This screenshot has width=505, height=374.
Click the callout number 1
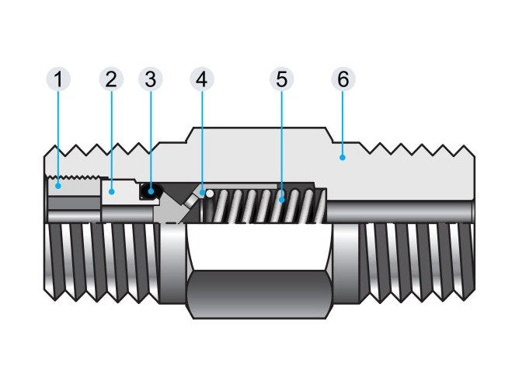(58, 79)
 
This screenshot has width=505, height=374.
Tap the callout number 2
(111, 79)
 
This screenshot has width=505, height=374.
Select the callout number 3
(151, 79)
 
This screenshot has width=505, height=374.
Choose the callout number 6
(342, 79)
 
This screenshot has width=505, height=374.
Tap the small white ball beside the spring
(209, 194)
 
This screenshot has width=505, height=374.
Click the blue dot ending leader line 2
(111, 189)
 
